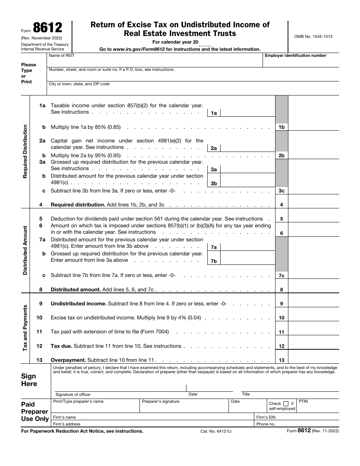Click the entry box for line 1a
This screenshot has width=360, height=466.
pos(247,113)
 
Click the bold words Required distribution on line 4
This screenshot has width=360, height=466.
pos(78,205)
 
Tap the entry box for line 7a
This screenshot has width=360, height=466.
pos(247,246)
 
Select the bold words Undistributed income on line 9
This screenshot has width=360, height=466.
pos(78,303)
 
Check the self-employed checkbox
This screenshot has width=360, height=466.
pos(286,403)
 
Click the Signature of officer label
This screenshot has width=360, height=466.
pos(73,394)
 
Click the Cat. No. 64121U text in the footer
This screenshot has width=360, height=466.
pos(216,431)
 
